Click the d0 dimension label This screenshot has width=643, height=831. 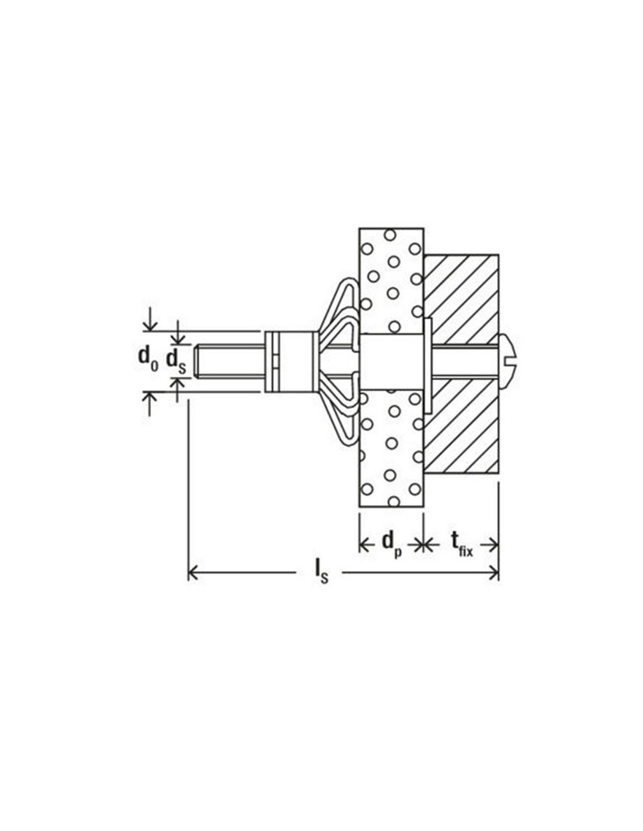(148, 360)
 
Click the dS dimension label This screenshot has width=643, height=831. (175, 361)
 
